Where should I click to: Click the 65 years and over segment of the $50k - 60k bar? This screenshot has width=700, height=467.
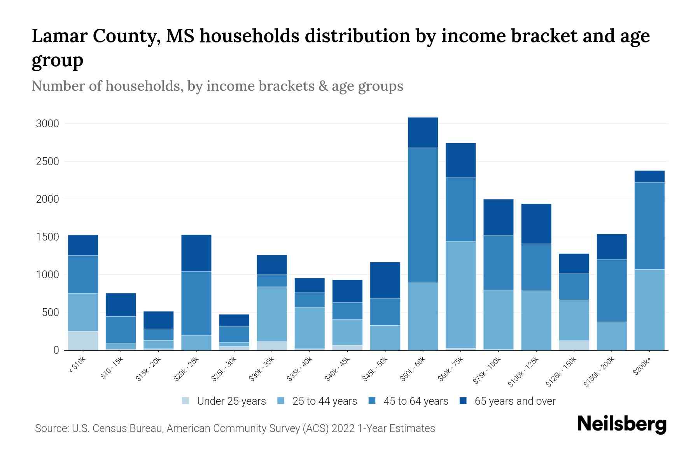coord(423,133)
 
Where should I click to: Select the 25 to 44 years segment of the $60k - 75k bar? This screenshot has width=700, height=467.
coord(460,295)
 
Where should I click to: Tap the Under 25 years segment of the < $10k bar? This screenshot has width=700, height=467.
coord(83,341)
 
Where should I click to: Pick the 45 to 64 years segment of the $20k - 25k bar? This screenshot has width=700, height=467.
coord(196,303)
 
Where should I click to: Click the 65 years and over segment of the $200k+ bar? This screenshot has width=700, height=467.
coord(649,176)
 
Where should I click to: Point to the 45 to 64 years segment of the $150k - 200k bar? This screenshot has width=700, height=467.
coord(612,291)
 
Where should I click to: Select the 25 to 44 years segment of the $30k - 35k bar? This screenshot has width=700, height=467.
coord(272,314)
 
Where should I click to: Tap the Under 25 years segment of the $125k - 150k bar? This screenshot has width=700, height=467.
coord(574,345)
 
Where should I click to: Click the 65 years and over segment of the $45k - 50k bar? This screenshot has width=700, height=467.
coord(385,280)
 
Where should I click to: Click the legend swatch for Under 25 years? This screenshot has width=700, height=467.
coord(186,401)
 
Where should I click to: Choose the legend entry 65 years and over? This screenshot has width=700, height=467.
coord(514,401)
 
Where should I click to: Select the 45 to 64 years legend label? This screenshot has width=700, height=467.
coord(415,401)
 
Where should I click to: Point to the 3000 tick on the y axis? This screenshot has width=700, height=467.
coord(47,124)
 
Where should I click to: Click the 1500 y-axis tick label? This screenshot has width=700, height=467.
coord(47,237)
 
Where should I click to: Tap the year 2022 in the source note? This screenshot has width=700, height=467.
coord(343,428)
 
